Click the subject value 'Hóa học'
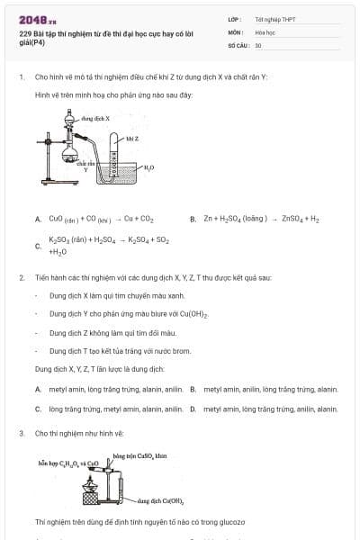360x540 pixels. tap(264, 31)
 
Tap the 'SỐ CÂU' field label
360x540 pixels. tap(238, 44)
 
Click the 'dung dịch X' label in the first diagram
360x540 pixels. tap(94, 118)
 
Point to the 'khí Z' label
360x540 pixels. tap(131, 139)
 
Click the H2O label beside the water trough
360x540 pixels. tap(149, 168)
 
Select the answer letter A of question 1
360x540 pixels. tap(38, 219)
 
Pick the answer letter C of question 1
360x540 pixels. tap(38, 246)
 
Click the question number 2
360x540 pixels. tap(21, 277)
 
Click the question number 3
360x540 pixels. tap(21, 433)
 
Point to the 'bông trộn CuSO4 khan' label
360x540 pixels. tap(139, 456)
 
